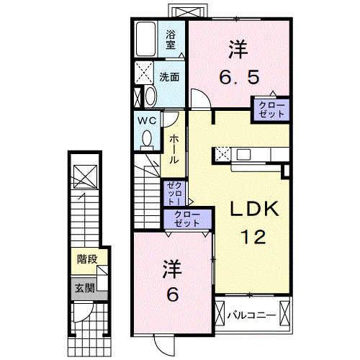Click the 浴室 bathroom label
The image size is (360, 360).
[x=171, y=40]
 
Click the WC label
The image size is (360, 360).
[x=148, y=120]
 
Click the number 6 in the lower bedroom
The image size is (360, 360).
[x=172, y=294]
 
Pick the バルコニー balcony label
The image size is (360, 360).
[x=250, y=315]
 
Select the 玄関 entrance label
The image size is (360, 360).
[x=84, y=287]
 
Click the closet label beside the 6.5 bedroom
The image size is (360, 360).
[x=271, y=110]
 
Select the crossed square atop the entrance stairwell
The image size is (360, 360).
[x=83, y=175]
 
